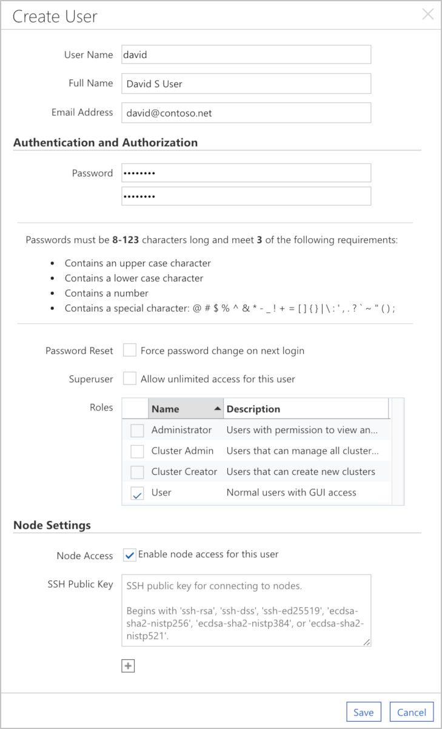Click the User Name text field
(x=246, y=55)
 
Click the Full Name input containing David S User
(x=246, y=84)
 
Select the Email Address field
(x=246, y=113)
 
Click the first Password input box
(x=246, y=173)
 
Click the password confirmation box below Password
(x=246, y=196)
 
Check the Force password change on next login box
(x=130, y=351)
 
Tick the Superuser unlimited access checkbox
(x=130, y=379)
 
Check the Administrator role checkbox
(x=138, y=431)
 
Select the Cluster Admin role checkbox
(x=138, y=451)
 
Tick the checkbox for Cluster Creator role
(x=138, y=472)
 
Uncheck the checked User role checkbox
(x=138, y=493)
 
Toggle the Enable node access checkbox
(x=130, y=555)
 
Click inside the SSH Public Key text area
(x=246, y=610)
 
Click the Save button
(x=364, y=712)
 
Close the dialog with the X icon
(x=428, y=15)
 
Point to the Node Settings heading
(x=52, y=525)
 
